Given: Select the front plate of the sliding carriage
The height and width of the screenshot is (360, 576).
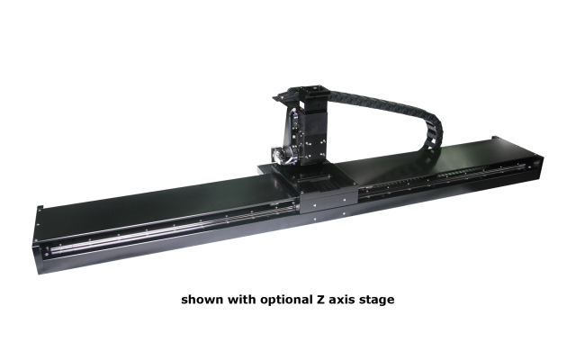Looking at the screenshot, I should tap(328, 205).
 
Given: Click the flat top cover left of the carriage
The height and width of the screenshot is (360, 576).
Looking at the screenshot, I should tap(162, 198).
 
